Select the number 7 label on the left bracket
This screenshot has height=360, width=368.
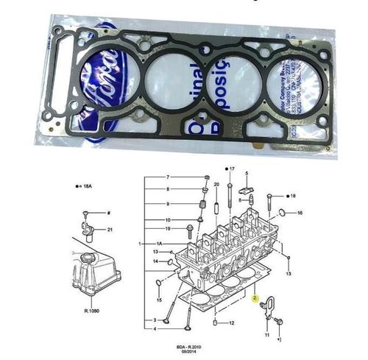167,177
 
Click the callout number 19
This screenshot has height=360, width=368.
167,228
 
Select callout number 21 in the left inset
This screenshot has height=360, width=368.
110,230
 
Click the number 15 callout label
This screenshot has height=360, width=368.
158,300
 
